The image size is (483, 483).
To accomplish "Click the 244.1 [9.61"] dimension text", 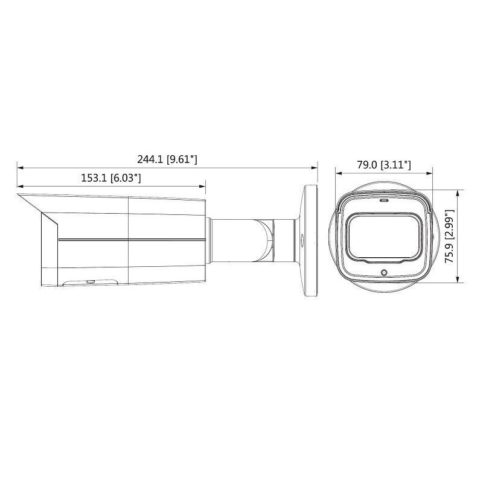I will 168,159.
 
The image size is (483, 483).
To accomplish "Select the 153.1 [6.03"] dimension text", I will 110,178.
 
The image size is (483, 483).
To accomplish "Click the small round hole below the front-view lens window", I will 382,272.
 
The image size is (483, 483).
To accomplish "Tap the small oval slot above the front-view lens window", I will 383,199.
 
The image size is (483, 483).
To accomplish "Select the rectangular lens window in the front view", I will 383,236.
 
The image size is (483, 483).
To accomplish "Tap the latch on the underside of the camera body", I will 89,281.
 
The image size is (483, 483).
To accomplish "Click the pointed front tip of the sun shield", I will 19,195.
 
